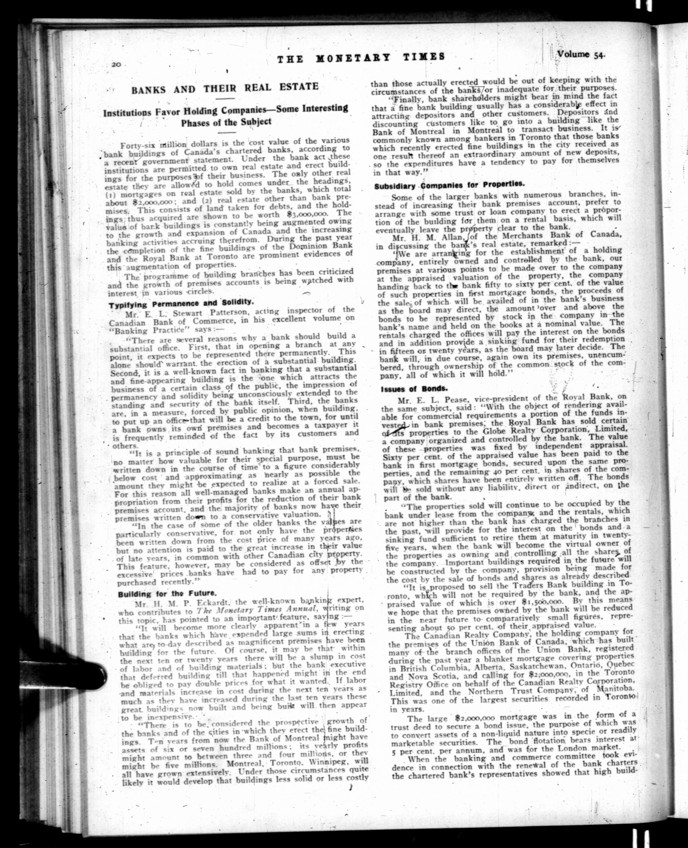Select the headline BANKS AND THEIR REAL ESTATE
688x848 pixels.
[225, 88]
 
